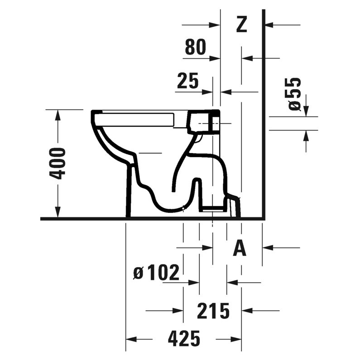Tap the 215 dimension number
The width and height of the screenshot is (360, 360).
(x=213, y=311)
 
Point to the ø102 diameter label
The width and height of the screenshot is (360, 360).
(x=156, y=273)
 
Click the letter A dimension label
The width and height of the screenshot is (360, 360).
(x=240, y=248)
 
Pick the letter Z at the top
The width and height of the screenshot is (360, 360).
(x=242, y=24)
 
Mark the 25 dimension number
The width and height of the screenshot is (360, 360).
(x=187, y=81)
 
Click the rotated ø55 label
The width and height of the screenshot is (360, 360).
(x=295, y=93)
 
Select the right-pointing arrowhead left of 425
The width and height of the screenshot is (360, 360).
(x=132, y=339)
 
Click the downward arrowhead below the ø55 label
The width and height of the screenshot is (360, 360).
(x=306, y=110)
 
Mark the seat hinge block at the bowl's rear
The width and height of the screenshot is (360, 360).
(x=204, y=121)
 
